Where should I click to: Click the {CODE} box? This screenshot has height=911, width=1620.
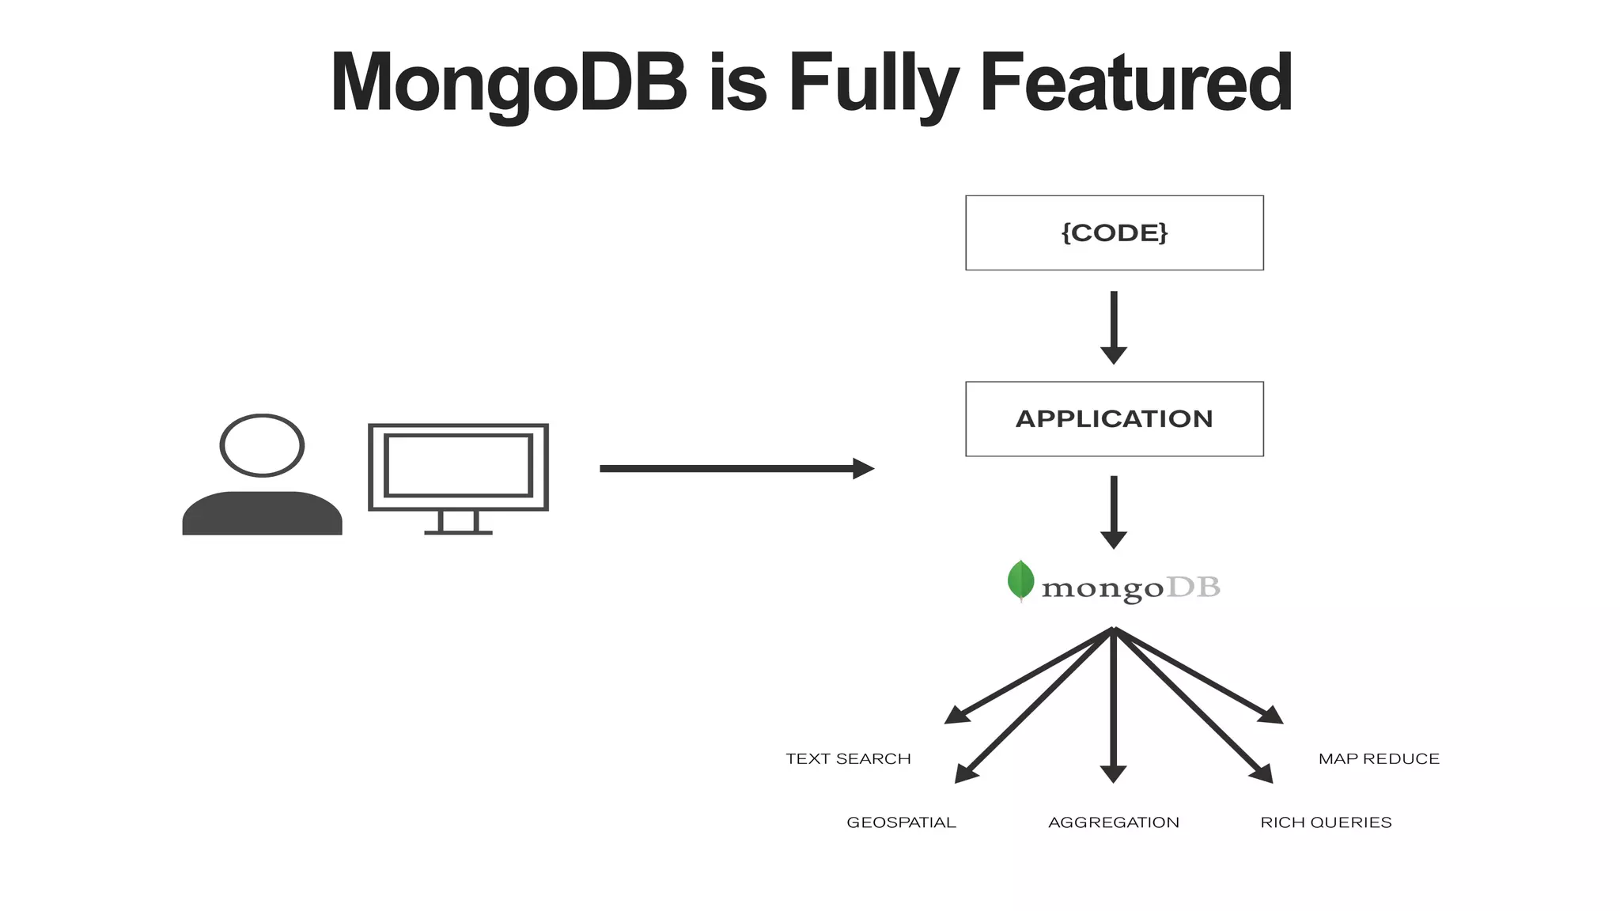click(x=1114, y=232)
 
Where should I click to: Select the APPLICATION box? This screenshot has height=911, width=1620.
click(x=1114, y=418)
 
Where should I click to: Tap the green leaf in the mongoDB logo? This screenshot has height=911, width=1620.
click(x=1020, y=580)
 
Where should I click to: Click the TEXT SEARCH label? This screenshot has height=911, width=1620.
click(x=848, y=759)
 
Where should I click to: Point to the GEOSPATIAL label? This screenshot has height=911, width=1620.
click(x=901, y=822)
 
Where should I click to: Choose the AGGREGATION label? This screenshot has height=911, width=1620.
click(x=1114, y=822)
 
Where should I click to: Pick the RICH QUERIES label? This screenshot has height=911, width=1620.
click(x=1326, y=822)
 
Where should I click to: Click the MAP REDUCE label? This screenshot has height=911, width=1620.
click(x=1379, y=759)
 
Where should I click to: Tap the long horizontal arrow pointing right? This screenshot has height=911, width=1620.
click(x=736, y=469)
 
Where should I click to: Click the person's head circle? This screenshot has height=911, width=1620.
click(x=262, y=445)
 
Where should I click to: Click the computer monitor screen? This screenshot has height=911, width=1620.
click(x=458, y=466)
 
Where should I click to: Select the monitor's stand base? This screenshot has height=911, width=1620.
click(x=458, y=531)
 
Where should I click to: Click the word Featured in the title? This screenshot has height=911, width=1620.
click(x=1136, y=83)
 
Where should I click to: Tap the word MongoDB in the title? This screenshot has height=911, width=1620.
click(x=509, y=83)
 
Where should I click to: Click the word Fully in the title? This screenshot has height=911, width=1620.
click(x=873, y=83)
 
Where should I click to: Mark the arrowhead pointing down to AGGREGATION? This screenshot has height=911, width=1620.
click(x=1113, y=773)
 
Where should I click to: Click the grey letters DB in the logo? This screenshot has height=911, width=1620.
click(x=1194, y=588)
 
